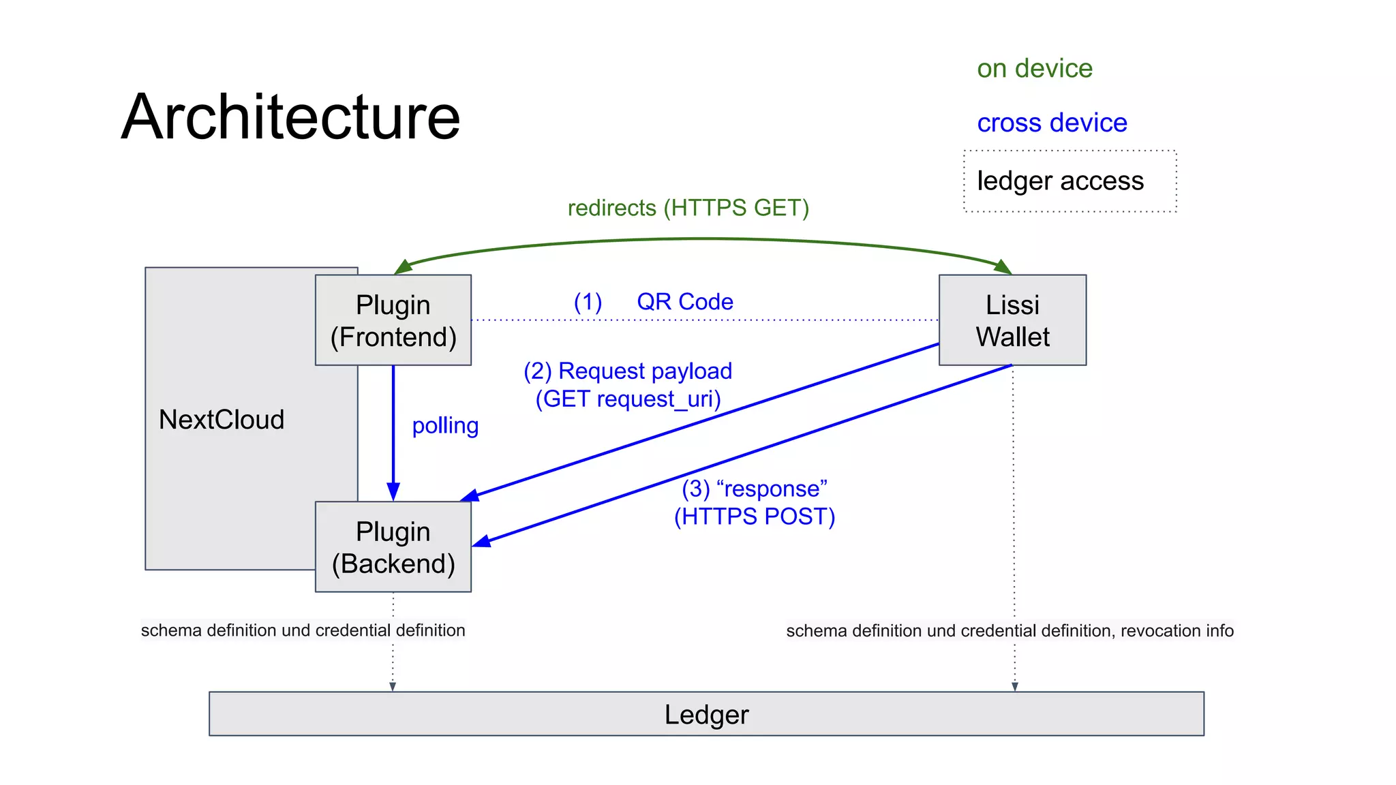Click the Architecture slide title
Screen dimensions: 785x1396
click(x=291, y=117)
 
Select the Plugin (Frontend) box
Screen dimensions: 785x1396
click(x=393, y=320)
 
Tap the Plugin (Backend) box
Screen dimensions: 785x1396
click(x=393, y=547)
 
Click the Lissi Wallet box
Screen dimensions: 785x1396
click(x=1012, y=320)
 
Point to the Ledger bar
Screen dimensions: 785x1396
click(x=706, y=714)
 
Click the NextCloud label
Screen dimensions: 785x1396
click(x=222, y=420)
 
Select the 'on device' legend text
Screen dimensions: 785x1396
click(x=1034, y=69)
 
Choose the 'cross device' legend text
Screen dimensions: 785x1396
click(x=1052, y=123)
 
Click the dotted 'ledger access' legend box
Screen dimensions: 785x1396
click(x=1069, y=181)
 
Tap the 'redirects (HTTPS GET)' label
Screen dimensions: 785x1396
click(x=688, y=208)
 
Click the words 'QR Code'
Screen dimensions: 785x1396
click(x=685, y=302)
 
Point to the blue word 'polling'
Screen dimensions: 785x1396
click(x=445, y=426)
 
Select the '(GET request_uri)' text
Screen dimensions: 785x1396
click(x=628, y=399)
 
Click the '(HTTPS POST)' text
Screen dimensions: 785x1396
click(x=755, y=517)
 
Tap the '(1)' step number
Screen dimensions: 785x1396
click(x=588, y=302)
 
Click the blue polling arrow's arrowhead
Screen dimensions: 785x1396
click(x=393, y=492)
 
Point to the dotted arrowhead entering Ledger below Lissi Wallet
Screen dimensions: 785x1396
click(x=1014, y=687)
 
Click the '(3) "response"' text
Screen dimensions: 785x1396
click(x=755, y=489)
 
